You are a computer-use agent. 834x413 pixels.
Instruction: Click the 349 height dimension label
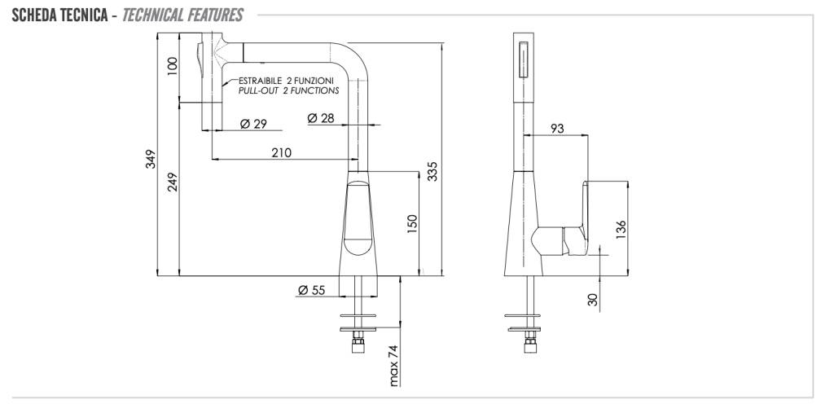coord(151,159)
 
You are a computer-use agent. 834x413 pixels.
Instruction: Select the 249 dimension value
coord(173,182)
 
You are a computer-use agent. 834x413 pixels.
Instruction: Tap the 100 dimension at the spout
coord(173,66)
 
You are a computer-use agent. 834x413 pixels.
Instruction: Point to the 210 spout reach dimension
coord(281,153)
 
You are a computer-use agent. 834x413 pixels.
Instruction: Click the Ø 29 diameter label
coord(253,124)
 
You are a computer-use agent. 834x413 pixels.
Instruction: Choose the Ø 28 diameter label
coord(321,118)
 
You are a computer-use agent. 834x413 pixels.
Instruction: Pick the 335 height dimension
coord(432,171)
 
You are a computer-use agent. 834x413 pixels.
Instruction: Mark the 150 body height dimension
coord(412,223)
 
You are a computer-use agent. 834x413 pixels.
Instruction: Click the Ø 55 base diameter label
coord(311,290)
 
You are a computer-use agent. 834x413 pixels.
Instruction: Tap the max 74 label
coord(393,366)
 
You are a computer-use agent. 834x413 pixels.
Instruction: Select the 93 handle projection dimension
coord(557,128)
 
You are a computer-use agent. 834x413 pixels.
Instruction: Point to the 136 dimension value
coord(621,230)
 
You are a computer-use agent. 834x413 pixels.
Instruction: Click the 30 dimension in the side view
coord(593,301)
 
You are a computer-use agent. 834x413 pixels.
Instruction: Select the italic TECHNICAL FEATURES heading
coord(182,15)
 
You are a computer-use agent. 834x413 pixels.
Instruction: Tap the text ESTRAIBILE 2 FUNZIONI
coord(286,81)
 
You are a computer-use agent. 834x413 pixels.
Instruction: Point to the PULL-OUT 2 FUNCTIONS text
coord(289,90)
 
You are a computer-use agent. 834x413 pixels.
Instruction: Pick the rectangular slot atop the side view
coord(524,59)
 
